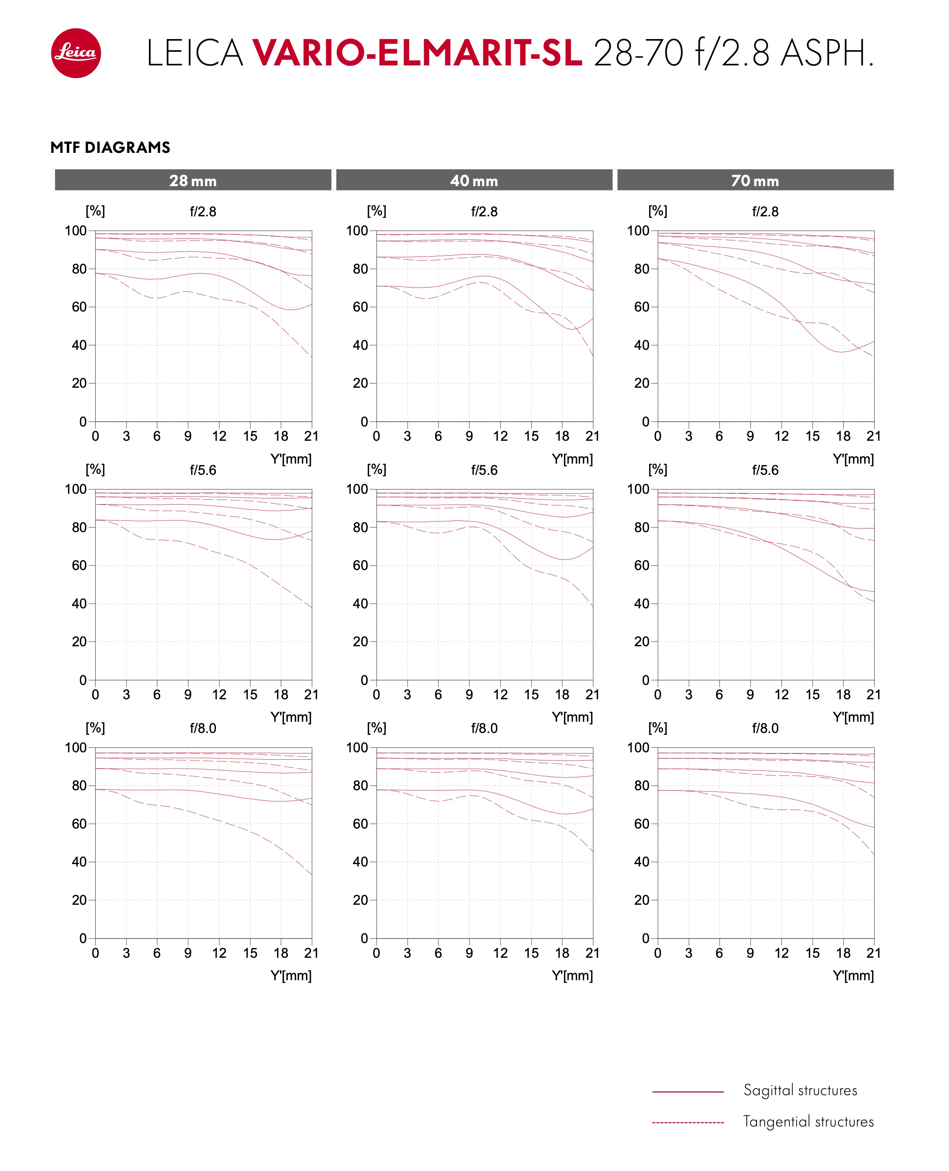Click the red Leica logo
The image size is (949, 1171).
pos(76,53)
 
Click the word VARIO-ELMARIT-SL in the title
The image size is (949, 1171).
pos(417,53)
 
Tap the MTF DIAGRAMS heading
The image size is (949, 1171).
pos(110,147)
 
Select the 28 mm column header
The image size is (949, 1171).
pos(193,180)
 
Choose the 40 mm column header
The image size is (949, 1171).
pos(474,180)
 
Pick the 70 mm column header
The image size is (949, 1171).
pos(755,180)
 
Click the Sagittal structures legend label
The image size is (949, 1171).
pos(800,1090)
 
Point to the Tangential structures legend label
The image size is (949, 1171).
pos(809,1121)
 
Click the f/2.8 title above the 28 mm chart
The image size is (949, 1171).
pos(203,211)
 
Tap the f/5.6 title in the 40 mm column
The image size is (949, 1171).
pos(484,470)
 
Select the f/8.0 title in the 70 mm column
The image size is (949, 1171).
pos(765,728)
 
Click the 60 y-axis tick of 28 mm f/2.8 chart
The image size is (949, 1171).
pos(79,307)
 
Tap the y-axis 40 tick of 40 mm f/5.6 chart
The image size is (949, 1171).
pos(360,604)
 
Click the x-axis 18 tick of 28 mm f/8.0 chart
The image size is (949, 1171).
pos(281,953)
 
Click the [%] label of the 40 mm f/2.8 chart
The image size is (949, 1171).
pos(377,211)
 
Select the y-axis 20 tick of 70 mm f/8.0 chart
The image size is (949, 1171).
pos(642,900)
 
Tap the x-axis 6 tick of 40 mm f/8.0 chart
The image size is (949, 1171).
pos(439,953)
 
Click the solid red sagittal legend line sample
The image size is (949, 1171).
pos(688,1092)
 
